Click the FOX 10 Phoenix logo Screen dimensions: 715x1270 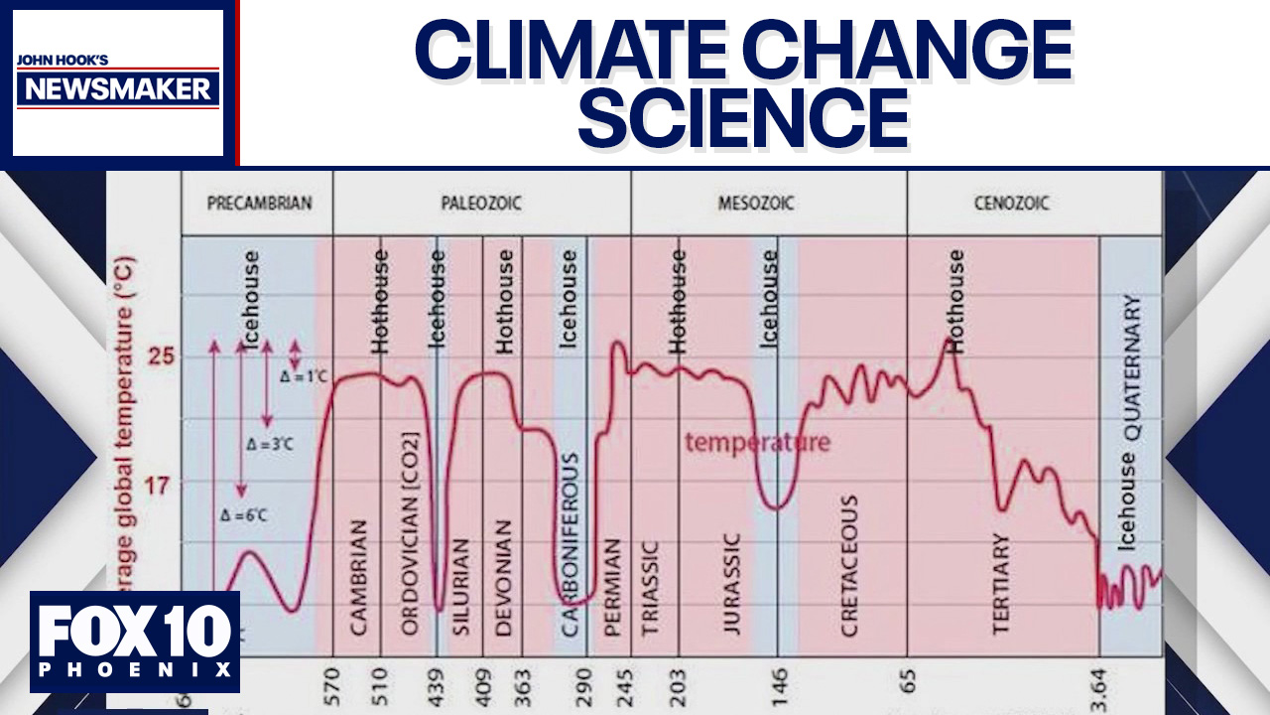(135, 642)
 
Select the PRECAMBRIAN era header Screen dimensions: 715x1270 (259, 204)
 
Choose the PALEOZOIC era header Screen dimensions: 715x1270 (481, 204)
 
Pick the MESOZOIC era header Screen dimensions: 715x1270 (756, 204)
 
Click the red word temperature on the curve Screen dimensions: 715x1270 (757, 443)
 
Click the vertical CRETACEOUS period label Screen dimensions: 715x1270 (849, 565)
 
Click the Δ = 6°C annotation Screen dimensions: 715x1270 (244, 514)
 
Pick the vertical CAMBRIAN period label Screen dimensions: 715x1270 (359, 576)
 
